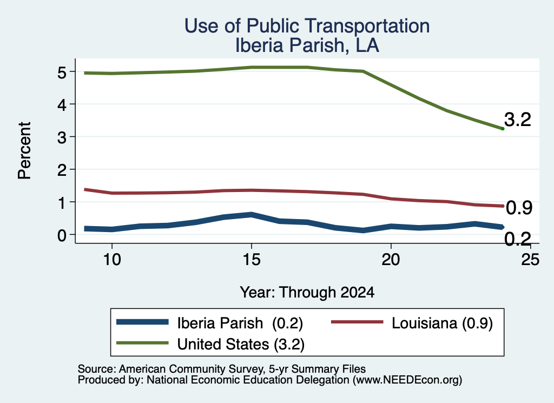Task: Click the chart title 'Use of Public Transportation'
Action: [x=307, y=26]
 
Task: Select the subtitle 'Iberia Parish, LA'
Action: [x=307, y=45]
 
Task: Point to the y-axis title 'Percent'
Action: [x=24, y=150]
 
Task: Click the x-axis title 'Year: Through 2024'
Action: [x=307, y=293]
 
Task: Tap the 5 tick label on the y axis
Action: [x=62, y=73]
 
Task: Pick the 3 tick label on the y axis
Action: [x=62, y=137]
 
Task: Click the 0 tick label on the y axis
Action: [x=62, y=235]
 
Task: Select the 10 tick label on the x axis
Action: [x=112, y=260]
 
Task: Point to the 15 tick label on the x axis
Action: [x=252, y=260]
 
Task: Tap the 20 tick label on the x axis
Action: [x=391, y=260]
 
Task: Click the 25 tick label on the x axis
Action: [x=530, y=260]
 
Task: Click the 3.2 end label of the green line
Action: [x=518, y=120]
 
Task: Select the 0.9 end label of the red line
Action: [x=519, y=208]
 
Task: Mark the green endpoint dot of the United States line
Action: [x=503, y=129]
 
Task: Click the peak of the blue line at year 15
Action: [x=252, y=214]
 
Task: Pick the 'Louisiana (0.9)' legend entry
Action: [x=412, y=323]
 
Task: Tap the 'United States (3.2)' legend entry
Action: [x=210, y=343]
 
